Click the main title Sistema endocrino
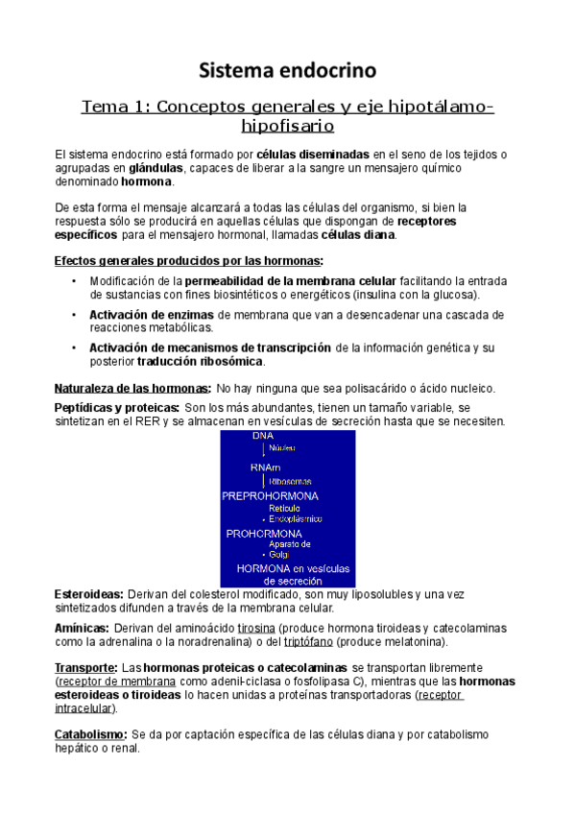(x=287, y=70)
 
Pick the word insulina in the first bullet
(x=374, y=294)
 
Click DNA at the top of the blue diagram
(x=263, y=436)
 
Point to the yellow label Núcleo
(x=282, y=447)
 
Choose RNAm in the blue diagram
(x=265, y=467)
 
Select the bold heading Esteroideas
(x=88, y=594)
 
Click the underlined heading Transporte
(x=86, y=667)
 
